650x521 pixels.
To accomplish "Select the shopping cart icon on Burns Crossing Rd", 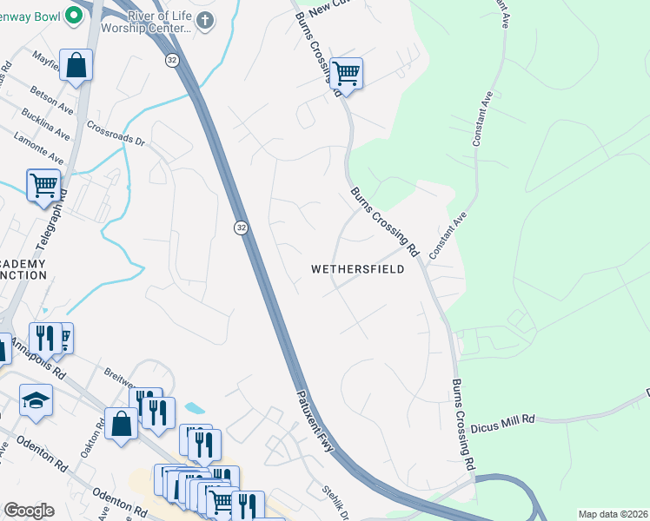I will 346,74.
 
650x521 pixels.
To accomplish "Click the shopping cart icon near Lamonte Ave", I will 43,185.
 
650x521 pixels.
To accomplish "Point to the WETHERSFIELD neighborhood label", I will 358,270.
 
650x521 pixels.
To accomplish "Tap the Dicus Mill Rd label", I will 503,423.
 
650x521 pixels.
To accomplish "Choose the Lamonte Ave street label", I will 38,148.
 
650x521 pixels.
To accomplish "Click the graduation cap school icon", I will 36,400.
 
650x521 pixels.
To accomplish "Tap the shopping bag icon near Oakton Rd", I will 121,424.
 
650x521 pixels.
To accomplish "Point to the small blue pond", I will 196,407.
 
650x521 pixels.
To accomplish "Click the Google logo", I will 28,510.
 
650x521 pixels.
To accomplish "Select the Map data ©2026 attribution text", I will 613,514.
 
